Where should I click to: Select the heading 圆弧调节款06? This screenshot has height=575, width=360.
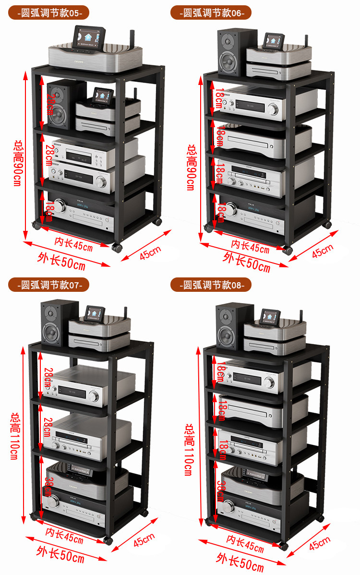tap(211, 13)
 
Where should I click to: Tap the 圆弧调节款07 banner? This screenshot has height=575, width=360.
tap(49, 285)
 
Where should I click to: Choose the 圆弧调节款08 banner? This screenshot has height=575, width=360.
tap(211, 285)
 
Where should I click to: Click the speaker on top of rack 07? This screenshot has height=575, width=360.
tap(59, 323)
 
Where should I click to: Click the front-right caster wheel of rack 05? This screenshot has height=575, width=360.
tap(117, 248)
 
